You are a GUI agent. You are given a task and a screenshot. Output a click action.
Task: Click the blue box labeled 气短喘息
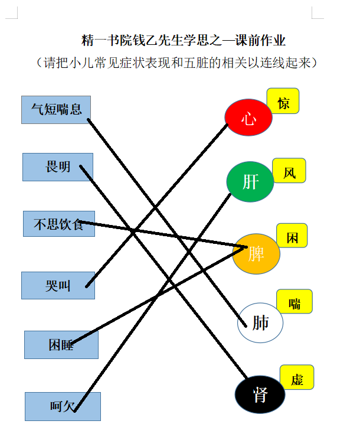point(56,110)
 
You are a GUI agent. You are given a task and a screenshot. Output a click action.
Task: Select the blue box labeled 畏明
point(58,167)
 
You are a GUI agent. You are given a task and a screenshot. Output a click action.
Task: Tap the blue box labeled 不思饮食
point(59,224)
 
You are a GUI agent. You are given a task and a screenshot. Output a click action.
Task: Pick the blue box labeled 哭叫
point(58,285)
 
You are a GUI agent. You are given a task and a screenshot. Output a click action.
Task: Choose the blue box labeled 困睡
point(61,345)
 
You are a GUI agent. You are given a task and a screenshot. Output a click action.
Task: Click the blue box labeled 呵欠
point(63,406)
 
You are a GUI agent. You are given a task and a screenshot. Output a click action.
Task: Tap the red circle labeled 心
point(248,117)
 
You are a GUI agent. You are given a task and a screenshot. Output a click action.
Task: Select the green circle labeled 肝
point(250,182)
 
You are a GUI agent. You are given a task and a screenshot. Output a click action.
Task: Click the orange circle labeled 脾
point(256,254)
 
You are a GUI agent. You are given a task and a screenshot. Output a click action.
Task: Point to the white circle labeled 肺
point(260,323)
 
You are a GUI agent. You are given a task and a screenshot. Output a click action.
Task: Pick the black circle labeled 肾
point(260,394)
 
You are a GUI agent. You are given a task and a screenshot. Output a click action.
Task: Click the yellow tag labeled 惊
point(283,101)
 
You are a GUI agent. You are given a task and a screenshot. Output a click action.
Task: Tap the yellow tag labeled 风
point(289,171)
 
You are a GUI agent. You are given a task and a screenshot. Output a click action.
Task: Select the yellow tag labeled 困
point(292,236)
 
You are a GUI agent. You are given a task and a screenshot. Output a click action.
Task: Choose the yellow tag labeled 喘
point(294,301)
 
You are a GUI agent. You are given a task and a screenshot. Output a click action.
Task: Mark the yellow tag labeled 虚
point(297,377)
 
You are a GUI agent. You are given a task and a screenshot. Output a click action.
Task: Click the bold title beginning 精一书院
point(183,40)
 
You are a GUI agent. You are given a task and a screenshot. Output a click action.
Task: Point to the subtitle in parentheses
point(176,63)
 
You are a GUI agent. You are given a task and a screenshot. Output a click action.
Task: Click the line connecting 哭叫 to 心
point(156,205)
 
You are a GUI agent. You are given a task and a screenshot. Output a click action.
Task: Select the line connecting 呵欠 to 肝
point(152,303)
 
